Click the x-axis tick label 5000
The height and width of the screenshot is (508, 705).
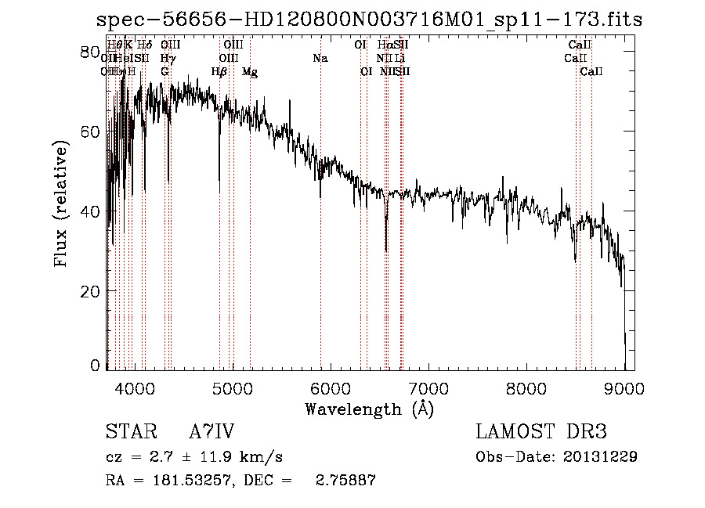[232, 387]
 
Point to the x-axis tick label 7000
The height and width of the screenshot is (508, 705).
[428, 387]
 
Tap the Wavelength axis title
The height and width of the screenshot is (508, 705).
[369, 409]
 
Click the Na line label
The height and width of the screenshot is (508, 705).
[320, 59]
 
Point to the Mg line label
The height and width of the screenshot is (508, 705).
[250, 72]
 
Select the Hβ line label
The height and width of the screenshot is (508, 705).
[219, 72]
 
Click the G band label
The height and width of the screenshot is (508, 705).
[164, 72]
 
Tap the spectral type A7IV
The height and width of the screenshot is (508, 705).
[211, 432]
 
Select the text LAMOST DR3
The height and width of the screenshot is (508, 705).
[541, 432]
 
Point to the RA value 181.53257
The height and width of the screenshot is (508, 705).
[190, 481]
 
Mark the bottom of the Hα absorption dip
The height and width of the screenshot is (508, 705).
[386, 250]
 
